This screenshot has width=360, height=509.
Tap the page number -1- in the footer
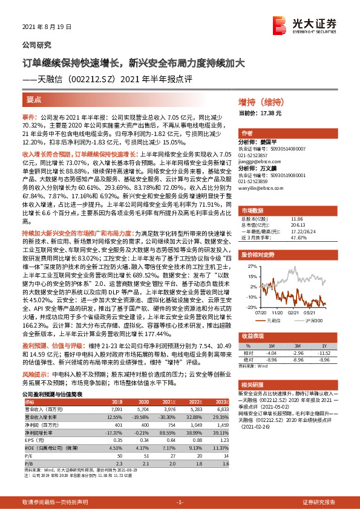(180, 502)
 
